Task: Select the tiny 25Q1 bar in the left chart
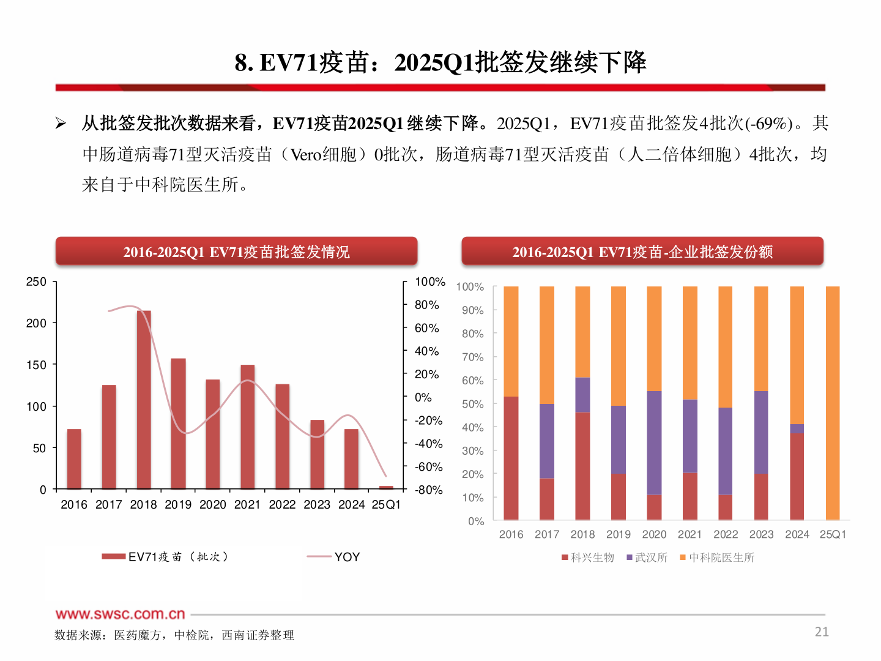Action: [386, 487]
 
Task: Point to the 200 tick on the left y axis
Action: [36, 323]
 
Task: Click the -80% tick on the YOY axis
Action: [428, 490]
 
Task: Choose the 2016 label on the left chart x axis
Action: [74, 504]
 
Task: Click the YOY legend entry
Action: [346, 557]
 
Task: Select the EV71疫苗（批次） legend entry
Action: [177, 557]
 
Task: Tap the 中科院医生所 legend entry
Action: [721, 558]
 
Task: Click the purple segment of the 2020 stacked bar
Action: [654, 443]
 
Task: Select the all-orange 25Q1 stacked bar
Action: [833, 403]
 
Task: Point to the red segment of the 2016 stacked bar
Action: [511, 458]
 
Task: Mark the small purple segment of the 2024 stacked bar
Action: [797, 428]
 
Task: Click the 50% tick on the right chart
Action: [472, 404]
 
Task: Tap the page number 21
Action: [822, 632]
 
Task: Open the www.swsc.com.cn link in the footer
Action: [121, 614]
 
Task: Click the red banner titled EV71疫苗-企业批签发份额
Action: [642, 252]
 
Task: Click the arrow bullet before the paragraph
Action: [61, 124]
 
